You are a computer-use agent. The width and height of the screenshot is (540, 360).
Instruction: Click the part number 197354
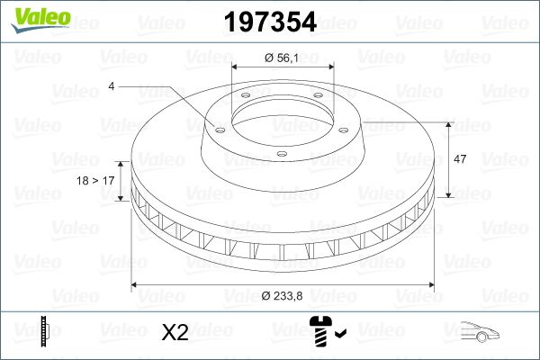coord(270,22)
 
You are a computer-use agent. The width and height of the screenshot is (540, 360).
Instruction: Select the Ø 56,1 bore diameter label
coord(283,58)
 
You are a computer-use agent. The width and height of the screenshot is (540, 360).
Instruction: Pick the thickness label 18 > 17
coord(96,181)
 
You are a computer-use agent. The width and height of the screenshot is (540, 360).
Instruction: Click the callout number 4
coord(111,86)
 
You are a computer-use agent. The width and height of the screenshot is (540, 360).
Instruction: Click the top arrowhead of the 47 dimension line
coord(448,124)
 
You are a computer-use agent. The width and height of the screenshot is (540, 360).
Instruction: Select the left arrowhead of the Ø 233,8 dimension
coord(136,285)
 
